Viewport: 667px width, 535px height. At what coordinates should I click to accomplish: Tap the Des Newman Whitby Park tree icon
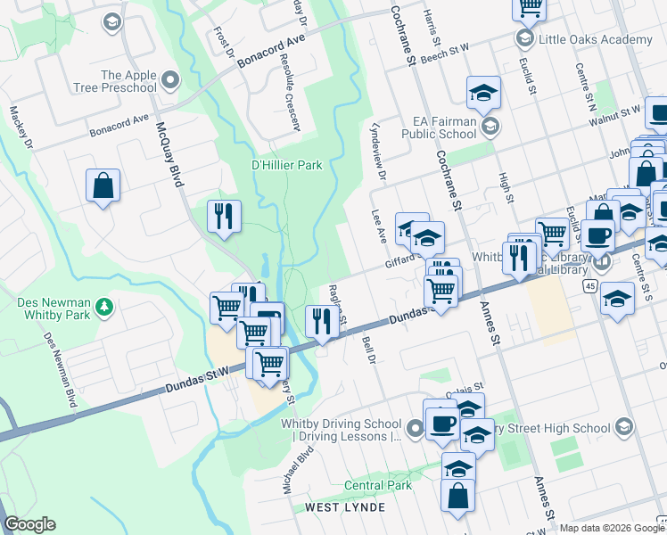pyautogui.click(x=106, y=307)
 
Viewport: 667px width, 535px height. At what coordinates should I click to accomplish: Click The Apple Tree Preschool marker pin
pyautogui.click(x=169, y=81)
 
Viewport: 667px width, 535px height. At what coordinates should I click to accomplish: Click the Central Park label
pyautogui.click(x=378, y=485)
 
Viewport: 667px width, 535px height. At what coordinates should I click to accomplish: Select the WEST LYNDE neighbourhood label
pyautogui.click(x=345, y=507)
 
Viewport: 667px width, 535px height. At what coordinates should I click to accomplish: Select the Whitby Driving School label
pyautogui.click(x=340, y=430)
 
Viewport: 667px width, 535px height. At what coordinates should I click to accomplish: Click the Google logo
pyautogui.click(x=29, y=524)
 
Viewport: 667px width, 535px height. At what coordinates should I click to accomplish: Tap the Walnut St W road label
pyautogui.click(x=615, y=111)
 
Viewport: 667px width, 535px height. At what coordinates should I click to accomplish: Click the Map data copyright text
pyautogui.click(x=611, y=527)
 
